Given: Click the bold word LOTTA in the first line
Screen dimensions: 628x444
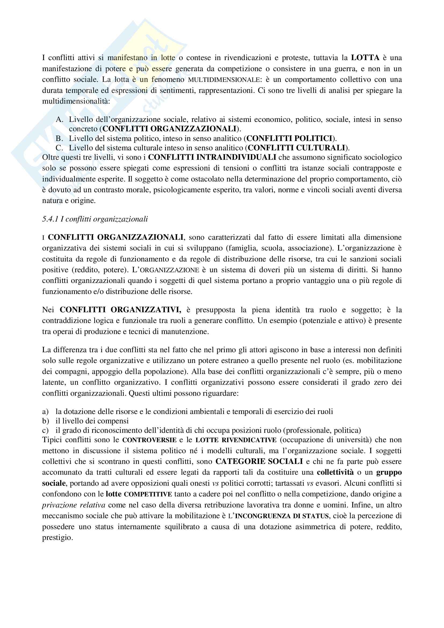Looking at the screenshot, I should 365,58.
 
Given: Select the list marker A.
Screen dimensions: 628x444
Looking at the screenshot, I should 59,119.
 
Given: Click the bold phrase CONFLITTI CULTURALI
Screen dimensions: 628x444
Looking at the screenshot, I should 296,148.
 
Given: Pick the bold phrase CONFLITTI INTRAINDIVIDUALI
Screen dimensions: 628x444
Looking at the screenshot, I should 212,157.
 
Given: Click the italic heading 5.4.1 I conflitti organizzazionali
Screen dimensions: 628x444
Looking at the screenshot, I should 95,219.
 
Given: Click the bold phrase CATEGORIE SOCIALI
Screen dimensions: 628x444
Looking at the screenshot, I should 259,462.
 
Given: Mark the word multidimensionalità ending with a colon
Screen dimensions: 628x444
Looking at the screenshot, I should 76,101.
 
